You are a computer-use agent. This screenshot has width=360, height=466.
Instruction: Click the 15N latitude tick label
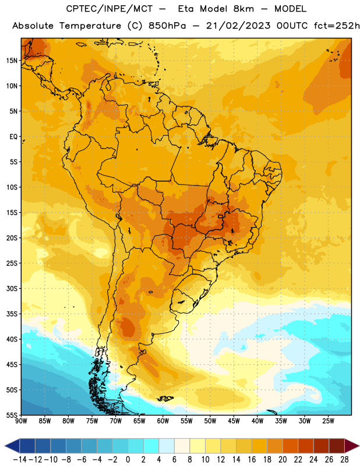pos(12,61)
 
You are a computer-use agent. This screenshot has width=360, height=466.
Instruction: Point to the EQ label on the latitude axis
pos(13,137)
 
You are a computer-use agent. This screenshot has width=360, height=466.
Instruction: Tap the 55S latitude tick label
pos(12,415)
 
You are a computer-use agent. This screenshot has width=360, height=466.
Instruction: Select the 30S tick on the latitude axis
pos(12,288)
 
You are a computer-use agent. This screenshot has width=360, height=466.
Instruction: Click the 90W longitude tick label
pos(21,421)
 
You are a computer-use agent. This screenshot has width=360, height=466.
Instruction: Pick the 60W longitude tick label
pos(163,421)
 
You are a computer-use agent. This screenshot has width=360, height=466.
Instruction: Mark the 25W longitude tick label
pos(329,421)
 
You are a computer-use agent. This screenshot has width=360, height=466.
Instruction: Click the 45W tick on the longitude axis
pos(234,421)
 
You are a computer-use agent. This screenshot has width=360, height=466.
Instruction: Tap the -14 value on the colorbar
pos(20,460)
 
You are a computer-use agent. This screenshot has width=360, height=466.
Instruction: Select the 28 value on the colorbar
pos(344,460)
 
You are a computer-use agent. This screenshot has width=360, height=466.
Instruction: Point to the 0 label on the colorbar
pos(128,460)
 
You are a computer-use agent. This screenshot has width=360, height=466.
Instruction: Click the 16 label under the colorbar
pos(252,460)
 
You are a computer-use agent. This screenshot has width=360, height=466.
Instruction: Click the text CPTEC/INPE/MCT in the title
pos(110,9)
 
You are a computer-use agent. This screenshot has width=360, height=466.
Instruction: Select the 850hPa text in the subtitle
pos(167,26)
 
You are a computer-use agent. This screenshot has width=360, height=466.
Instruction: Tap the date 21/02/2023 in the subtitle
pos(238,26)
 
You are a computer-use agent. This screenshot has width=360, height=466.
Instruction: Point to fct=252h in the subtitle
pos(337,26)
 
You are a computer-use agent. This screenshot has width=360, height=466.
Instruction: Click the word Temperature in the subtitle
pos(90,26)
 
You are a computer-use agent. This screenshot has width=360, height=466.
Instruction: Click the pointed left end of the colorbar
pos(5,446)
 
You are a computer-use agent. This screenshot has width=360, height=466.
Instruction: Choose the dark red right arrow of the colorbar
pos(352,446)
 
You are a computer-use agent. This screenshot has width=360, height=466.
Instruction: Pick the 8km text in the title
pos(243,9)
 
